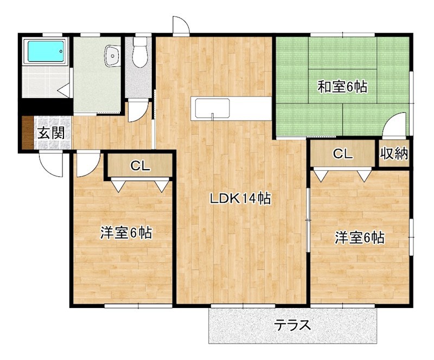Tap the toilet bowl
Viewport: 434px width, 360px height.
(x=139, y=53)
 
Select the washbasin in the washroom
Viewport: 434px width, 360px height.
(x=112, y=56)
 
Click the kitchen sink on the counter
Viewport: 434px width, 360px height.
(x=212, y=108)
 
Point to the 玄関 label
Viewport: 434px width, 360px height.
(x=51, y=133)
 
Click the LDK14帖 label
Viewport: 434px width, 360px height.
(x=240, y=198)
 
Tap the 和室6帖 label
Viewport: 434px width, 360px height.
(x=342, y=87)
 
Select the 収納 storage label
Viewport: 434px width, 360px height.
(x=394, y=153)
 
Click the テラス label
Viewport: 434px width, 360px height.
(x=292, y=325)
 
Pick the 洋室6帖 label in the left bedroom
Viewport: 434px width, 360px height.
(x=126, y=233)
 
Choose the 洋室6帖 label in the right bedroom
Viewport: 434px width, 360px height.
(x=360, y=237)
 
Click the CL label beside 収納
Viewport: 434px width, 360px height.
(x=343, y=153)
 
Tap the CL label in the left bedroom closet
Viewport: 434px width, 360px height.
(x=141, y=166)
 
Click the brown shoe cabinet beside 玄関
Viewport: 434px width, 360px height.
(x=28, y=133)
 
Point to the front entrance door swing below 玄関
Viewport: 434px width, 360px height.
(x=50, y=164)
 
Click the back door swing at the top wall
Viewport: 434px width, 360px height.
(x=181, y=25)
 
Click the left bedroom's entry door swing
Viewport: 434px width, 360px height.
(x=88, y=164)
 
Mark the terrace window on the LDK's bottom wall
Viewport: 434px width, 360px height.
(x=243, y=306)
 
